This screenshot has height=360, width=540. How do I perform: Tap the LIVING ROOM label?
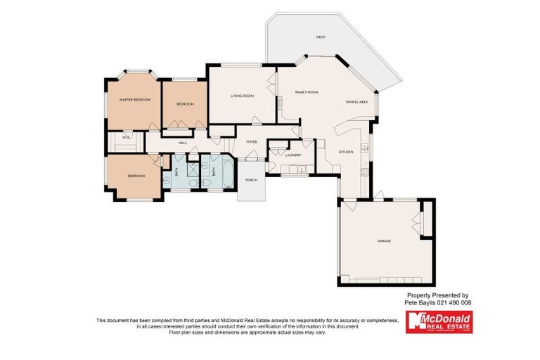pyautogui.click(x=243, y=96)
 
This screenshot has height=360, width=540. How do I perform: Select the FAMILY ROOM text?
pyautogui.click(x=307, y=92)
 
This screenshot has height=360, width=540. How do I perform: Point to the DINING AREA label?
pyautogui.click(x=357, y=102)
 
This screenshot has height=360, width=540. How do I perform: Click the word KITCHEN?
pyautogui.click(x=346, y=152)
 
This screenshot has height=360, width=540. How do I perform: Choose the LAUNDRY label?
pyautogui.click(x=293, y=155)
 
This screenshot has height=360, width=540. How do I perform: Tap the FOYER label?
pyautogui.click(x=251, y=142)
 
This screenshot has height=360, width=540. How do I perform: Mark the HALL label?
pyautogui.click(x=182, y=143)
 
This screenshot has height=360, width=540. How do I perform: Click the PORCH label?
pyautogui.click(x=251, y=180)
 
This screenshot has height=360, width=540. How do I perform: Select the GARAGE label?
pyautogui.click(x=384, y=240)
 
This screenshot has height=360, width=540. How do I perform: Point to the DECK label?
pyautogui.click(x=321, y=37)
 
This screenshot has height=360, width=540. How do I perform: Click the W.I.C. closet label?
pyautogui.click(x=126, y=137)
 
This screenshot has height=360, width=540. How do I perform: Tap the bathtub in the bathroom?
pyautogui.click(x=228, y=172)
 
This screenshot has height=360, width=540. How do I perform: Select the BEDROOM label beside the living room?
pyautogui.click(x=185, y=104)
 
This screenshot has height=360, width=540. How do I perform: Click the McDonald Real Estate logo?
pyautogui.click(x=439, y=322)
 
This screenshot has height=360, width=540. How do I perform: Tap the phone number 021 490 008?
pyautogui.click(x=453, y=302)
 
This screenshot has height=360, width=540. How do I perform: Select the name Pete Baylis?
pyautogui.click(x=420, y=302)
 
